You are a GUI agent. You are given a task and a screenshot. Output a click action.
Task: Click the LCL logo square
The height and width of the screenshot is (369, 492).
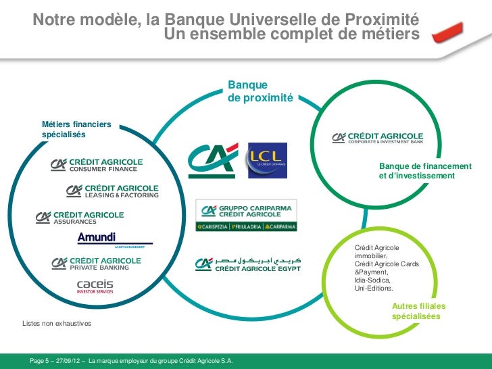click(x=267, y=160)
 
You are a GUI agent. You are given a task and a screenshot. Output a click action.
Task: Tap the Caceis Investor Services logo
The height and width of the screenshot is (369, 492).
click(x=95, y=287)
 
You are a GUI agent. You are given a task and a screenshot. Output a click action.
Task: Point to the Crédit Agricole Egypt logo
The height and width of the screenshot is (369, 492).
click(x=247, y=264)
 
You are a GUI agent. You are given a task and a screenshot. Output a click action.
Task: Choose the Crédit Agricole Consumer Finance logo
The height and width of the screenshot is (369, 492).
click(x=97, y=165)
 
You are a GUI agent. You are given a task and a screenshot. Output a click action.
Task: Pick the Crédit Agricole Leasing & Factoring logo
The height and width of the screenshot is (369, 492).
click(x=112, y=191)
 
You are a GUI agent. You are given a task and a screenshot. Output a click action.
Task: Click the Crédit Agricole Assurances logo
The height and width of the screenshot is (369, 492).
click(x=80, y=217)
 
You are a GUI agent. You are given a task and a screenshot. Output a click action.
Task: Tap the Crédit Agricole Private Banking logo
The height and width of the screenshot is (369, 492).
click(x=96, y=263)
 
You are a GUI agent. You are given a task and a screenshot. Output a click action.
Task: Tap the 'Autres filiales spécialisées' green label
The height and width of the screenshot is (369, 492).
click(x=418, y=311)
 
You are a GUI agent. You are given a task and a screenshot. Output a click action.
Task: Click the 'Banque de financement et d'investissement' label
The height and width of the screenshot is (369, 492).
click(x=425, y=171)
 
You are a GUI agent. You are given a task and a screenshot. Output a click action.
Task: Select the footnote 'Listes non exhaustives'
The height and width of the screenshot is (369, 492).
click(x=57, y=324)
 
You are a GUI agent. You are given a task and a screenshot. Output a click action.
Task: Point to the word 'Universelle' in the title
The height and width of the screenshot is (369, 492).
click(x=270, y=20)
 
